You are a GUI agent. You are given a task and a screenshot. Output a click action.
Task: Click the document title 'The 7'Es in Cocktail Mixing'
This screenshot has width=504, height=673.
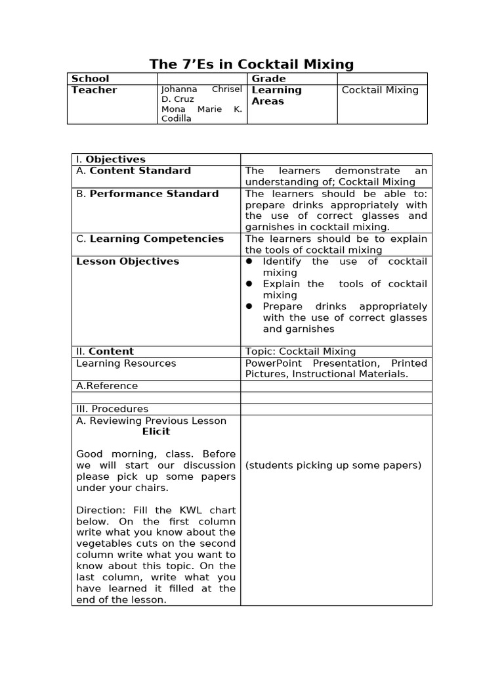pos(251,64)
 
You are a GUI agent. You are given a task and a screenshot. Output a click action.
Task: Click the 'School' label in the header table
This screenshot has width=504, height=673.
pos(91,79)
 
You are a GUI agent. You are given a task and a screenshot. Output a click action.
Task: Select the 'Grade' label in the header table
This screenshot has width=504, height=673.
pos(268,79)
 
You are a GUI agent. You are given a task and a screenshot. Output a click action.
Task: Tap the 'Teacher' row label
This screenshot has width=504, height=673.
pos(94,90)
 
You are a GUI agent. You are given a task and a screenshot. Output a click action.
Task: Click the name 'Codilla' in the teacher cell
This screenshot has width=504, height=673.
pos(177,119)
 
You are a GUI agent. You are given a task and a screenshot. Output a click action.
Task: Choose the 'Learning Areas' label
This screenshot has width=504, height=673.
pos(276,95)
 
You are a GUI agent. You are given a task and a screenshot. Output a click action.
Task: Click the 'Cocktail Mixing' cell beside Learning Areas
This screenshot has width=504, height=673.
pos(380,90)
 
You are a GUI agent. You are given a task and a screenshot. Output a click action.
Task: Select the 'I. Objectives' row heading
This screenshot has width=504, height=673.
pos(111,159)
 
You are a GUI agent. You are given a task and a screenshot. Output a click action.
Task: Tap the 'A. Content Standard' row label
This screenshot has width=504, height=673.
pos(133,171)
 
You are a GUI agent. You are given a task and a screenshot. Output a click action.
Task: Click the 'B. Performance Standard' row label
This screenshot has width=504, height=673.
pos(147,194)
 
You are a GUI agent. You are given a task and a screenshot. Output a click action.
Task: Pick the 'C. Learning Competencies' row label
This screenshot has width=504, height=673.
pos(150,239)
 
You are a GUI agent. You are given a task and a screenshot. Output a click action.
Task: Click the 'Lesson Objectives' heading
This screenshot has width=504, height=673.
pos(127,262)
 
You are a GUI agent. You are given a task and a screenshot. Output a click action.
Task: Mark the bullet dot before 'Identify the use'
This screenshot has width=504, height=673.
pos(249,262)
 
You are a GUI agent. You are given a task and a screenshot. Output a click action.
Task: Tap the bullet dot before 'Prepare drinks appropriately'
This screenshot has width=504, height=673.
pos(249,306)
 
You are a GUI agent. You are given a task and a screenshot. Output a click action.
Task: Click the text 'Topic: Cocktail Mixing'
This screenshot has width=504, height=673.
pos(300,352)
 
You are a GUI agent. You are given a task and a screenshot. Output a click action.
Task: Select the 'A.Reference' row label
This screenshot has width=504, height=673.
pos(107,386)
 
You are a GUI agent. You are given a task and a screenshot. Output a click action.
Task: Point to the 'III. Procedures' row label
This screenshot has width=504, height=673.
pos(112,409)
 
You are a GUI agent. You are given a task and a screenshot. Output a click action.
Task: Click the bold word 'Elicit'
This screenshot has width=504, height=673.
pos(156,432)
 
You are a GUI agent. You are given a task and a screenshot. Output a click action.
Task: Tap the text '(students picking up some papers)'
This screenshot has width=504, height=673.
pos(333,465)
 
